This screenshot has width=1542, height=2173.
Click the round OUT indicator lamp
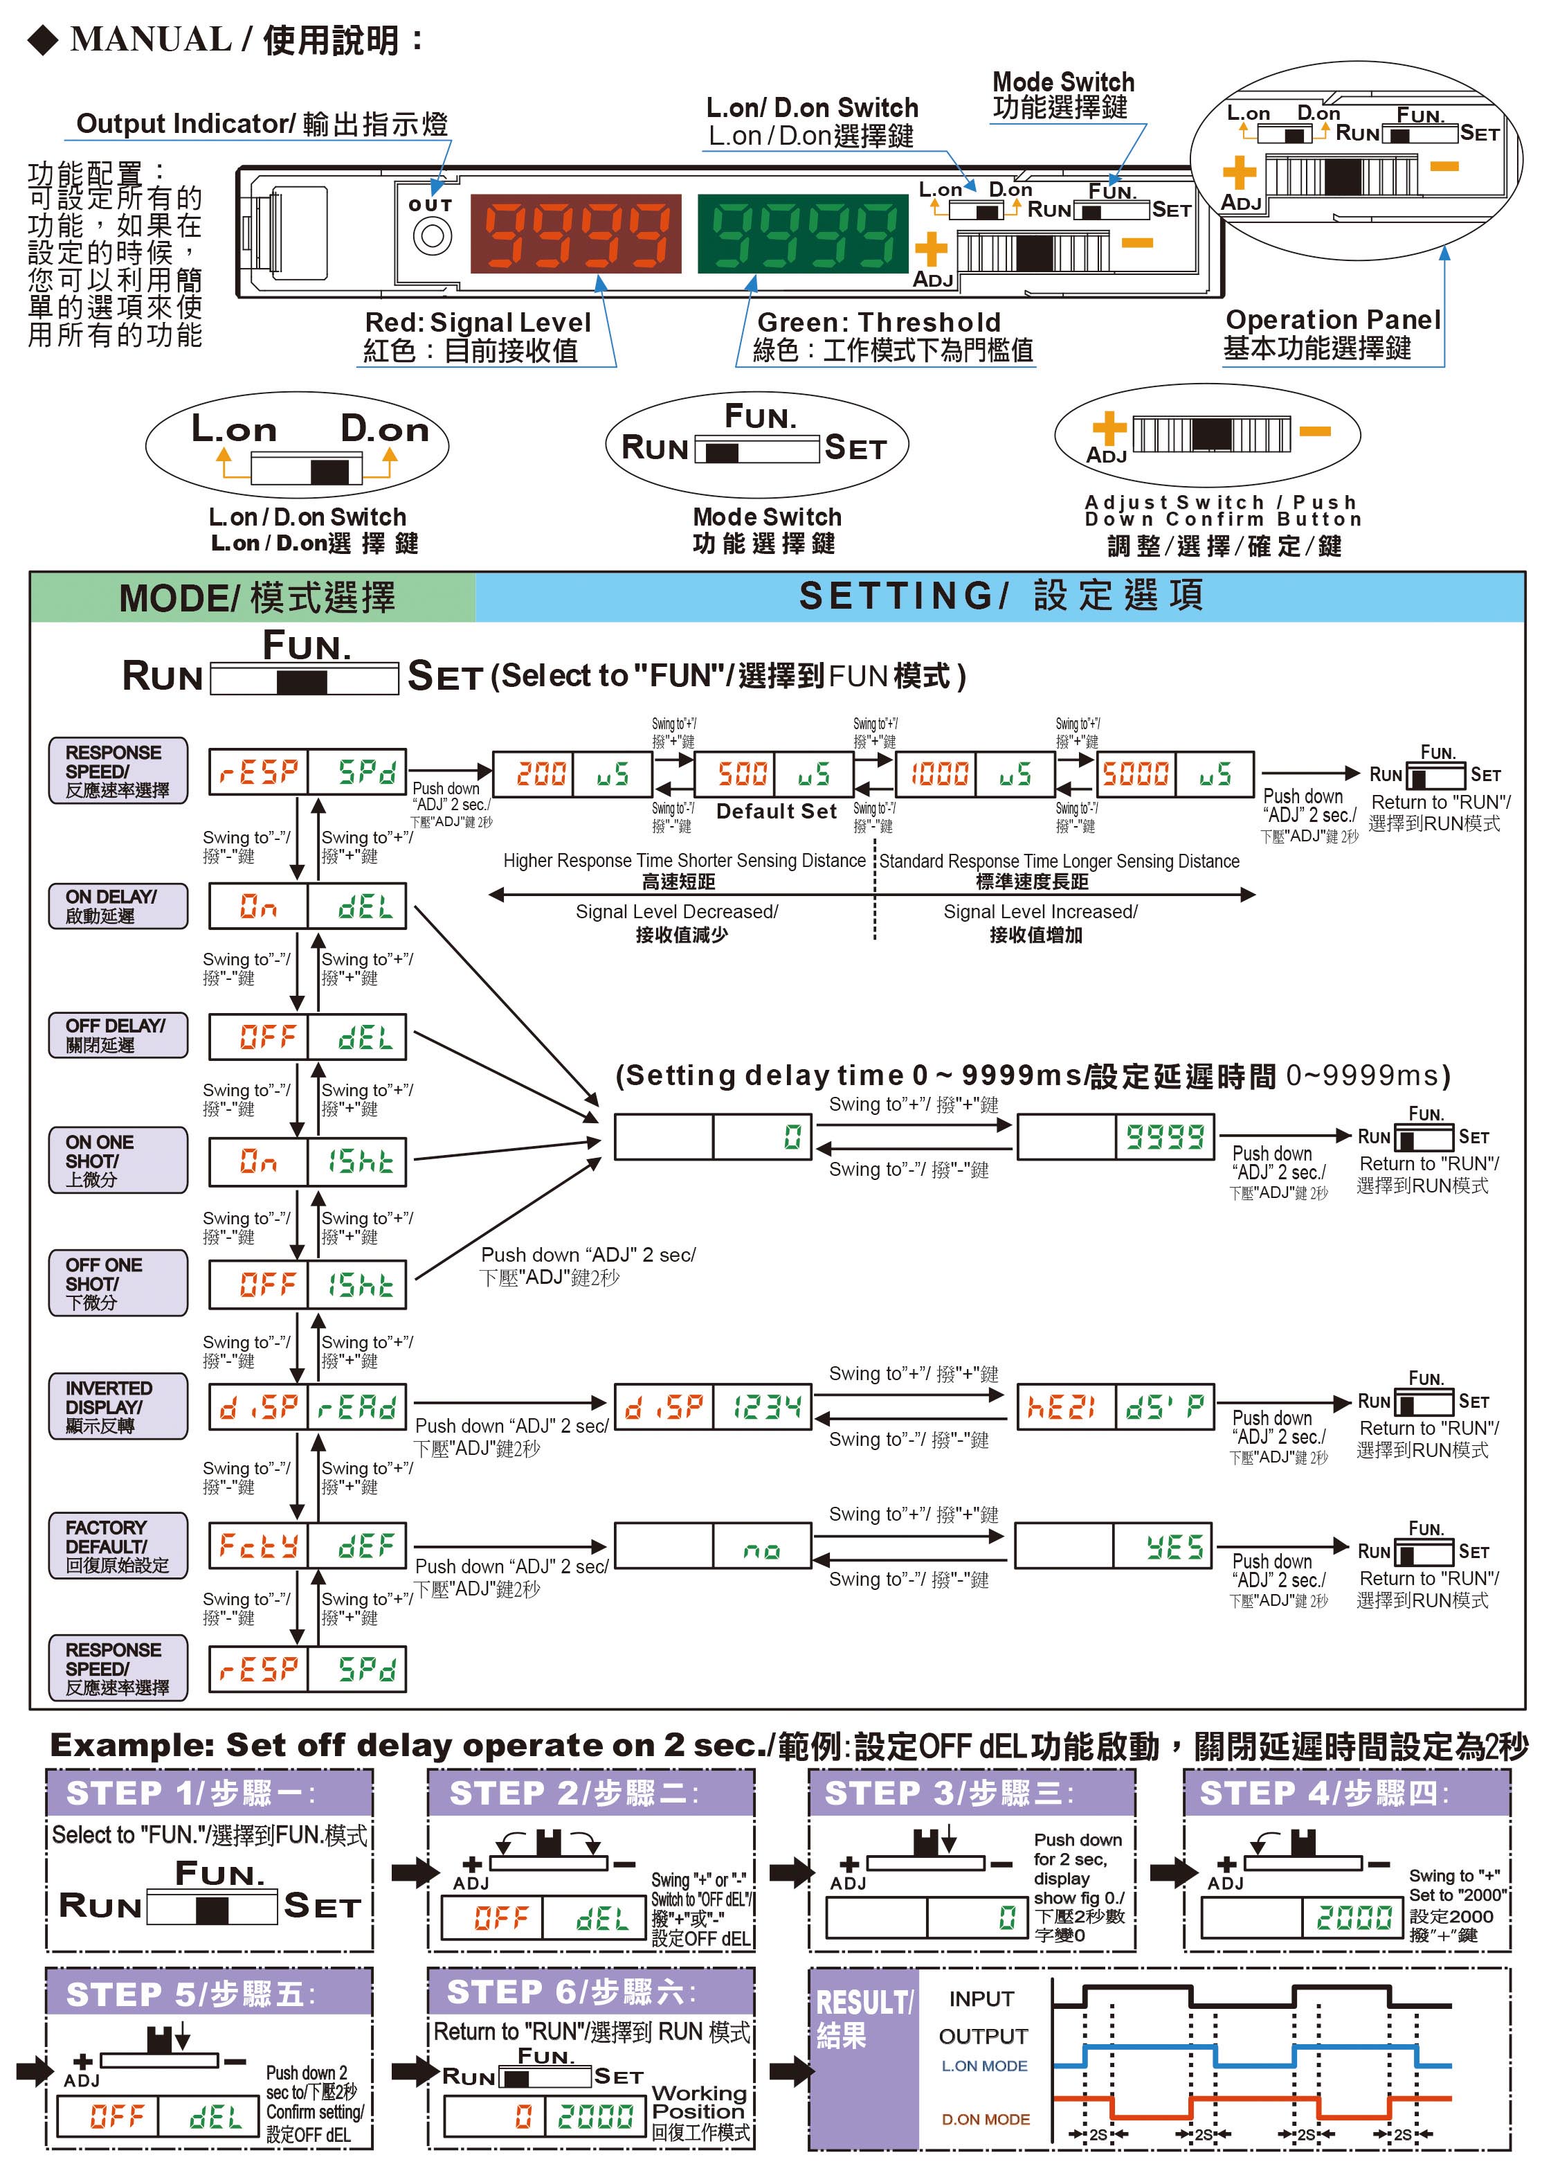coord(432,235)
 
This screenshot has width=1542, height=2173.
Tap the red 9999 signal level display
coord(575,233)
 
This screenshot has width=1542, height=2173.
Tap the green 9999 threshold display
coord(802,233)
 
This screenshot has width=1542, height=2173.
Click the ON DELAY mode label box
coord(118,905)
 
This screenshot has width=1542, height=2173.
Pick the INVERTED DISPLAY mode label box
coord(118,1406)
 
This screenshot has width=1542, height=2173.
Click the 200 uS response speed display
coord(572,774)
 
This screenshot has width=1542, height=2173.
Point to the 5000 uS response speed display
coord(1174,774)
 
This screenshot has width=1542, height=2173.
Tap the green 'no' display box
coord(761,1547)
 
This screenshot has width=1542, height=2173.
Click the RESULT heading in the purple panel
coord(862,2017)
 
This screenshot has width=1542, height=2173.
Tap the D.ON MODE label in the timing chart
coord(985,2119)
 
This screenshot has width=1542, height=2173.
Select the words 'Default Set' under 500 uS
coord(776,811)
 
